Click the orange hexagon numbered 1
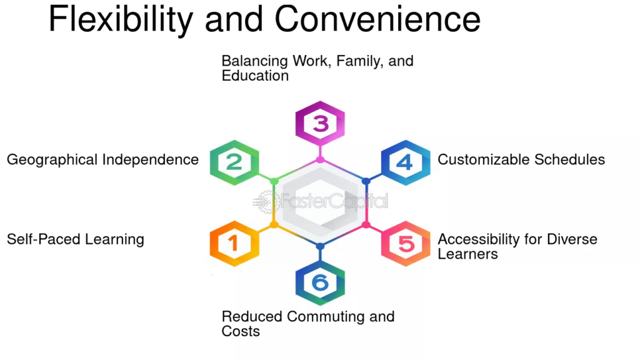coord(234,243)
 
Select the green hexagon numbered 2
coord(234,162)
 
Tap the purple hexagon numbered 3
coord(320,123)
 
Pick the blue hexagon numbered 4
coord(406,162)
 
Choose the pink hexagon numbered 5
coord(406,243)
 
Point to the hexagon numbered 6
coord(320,282)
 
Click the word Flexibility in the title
coord(121,20)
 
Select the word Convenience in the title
coord(377,20)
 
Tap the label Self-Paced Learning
coord(76,239)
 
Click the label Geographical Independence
coord(102,159)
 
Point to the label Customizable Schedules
coord(521,159)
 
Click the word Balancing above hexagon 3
coord(254,62)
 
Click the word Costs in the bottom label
coord(241,331)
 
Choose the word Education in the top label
coord(255,76)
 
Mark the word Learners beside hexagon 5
coord(467,254)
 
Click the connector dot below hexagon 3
coord(320,160)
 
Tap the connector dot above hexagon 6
coord(320,246)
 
